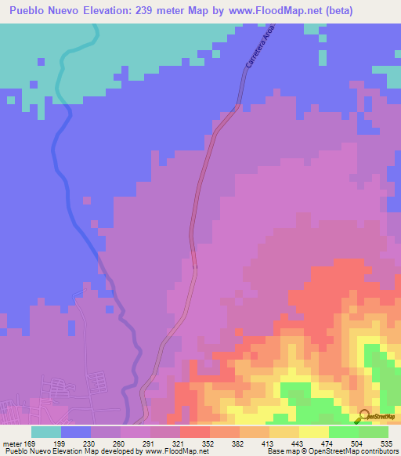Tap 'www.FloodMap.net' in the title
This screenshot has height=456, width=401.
(x=262, y=11)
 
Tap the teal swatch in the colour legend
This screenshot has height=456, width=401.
(x=46, y=432)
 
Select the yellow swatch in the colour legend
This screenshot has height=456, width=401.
(x=314, y=432)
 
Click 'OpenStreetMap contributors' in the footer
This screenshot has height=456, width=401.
(x=358, y=452)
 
